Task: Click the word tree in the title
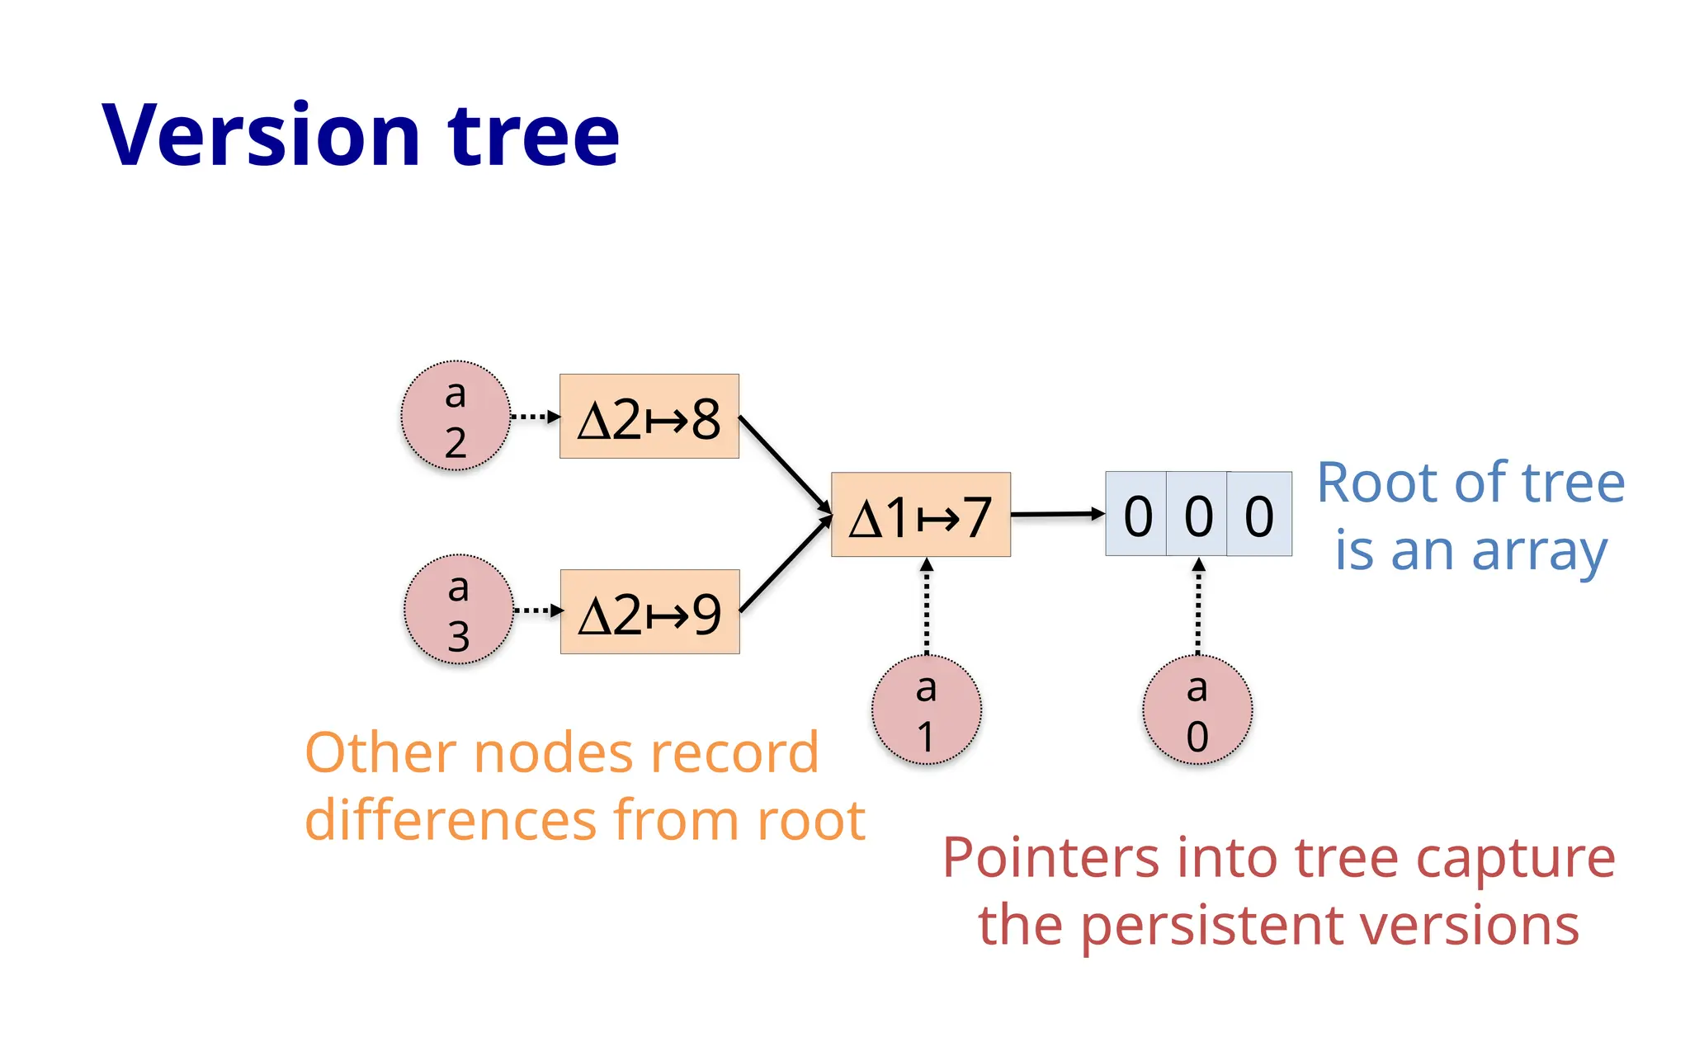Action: coord(533,135)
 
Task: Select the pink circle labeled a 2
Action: coord(456,417)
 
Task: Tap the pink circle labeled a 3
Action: coord(458,610)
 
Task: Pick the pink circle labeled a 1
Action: coord(926,710)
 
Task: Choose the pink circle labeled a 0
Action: coord(1197,710)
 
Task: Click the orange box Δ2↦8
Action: coord(649,417)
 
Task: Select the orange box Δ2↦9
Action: coord(649,612)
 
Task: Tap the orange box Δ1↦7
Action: coord(920,515)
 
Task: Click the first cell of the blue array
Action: coord(1136,515)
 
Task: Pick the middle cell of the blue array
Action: coord(1197,515)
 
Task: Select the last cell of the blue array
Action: coord(1259,515)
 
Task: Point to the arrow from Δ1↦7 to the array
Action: coord(1056,514)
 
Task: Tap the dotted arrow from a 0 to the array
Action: coord(1199,606)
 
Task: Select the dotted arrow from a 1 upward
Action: coord(927,606)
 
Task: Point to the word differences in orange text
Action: coord(451,821)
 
